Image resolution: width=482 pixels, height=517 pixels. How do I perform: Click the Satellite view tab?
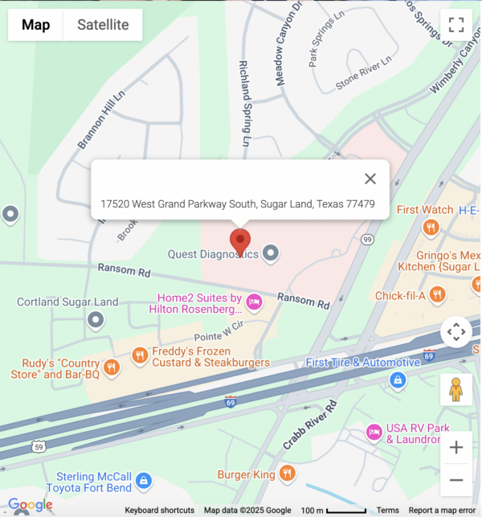103,25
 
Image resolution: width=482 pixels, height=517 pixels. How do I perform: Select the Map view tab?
35,25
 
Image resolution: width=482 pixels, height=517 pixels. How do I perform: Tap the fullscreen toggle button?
456,25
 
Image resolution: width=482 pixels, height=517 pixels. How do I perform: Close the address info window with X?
370,179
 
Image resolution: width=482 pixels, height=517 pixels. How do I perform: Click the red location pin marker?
240,242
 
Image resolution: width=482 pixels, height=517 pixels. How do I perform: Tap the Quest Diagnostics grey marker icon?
272,254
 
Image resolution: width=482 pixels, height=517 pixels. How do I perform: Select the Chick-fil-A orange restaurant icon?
438,295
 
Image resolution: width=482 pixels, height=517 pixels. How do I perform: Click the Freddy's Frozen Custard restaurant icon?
141,355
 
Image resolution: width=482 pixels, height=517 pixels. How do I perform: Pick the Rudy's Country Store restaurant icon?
111,368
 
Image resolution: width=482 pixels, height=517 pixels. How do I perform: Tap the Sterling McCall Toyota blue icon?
143,480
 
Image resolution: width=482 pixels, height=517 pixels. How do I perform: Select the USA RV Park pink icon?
374,433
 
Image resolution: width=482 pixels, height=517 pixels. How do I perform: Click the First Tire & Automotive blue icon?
397,379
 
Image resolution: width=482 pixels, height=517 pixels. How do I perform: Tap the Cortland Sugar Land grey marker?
96,321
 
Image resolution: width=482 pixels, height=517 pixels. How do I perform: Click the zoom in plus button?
456,448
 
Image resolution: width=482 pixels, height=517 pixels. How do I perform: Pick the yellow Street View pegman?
456,390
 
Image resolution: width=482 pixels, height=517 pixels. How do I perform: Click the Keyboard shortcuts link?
160,510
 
